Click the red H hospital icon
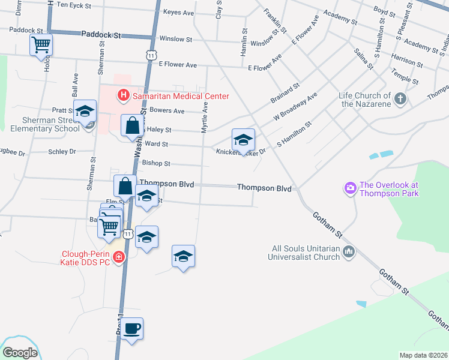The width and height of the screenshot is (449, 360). (x=124, y=95)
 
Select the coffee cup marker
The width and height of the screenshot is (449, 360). (x=131, y=329)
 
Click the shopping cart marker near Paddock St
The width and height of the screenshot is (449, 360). (x=41, y=44)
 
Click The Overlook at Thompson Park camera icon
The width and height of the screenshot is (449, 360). (x=351, y=189)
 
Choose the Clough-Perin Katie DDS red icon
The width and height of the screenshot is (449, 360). (x=119, y=257)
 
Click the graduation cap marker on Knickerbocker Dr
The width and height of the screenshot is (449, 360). (x=243, y=140)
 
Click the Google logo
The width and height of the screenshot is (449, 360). (x=20, y=353)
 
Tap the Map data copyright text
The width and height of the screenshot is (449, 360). (x=423, y=355)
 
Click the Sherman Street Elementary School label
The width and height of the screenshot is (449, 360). (x=40, y=124)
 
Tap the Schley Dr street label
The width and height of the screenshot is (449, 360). (x=62, y=152)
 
